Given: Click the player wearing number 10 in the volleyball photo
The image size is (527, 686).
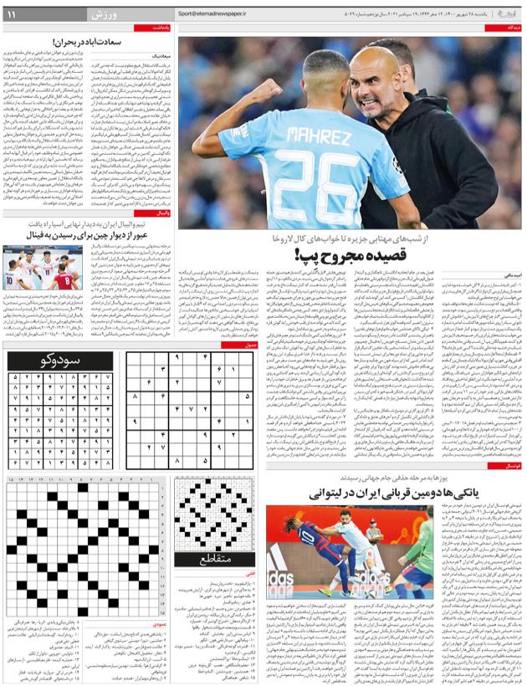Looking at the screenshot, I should (23, 276).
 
